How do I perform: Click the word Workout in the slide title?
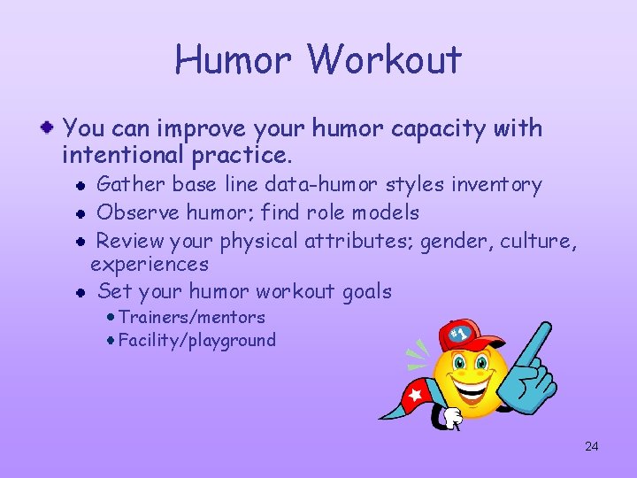pyautogui.click(x=385, y=60)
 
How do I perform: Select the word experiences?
pyautogui.click(x=150, y=264)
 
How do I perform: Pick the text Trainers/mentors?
pyautogui.click(x=191, y=317)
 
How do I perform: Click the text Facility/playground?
pyautogui.click(x=196, y=340)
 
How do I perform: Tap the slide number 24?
pyautogui.click(x=591, y=446)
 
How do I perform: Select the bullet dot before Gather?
pyautogui.click(x=80, y=186)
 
